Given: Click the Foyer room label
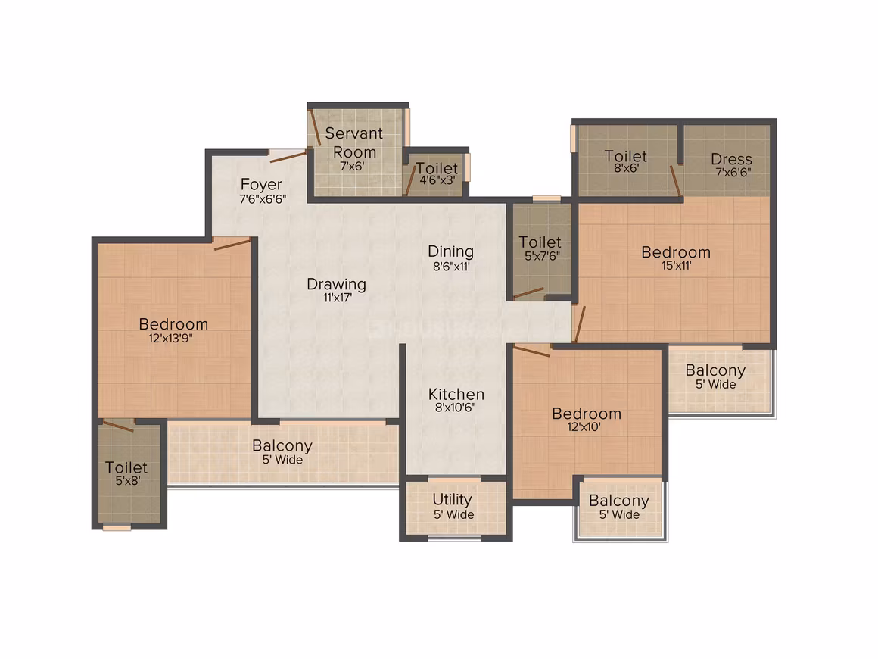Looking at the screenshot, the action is click(261, 184).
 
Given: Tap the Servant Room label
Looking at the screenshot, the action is click(354, 142).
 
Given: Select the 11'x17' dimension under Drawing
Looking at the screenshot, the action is click(337, 298).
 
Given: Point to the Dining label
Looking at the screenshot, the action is click(451, 251).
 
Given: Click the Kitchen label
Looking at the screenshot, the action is click(456, 394).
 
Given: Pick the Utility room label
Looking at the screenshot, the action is click(453, 499).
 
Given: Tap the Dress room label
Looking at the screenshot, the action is click(731, 159).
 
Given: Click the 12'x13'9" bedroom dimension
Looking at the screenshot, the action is click(171, 339).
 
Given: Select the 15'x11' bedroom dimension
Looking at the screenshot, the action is click(677, 266).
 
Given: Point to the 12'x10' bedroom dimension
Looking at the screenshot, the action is click(584, 427).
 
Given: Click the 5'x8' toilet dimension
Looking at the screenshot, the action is click(128, 481).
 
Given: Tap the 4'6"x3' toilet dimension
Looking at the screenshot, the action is click(438, 180).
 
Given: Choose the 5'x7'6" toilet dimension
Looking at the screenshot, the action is click(542, 256).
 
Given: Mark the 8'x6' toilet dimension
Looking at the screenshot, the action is click(627, 168).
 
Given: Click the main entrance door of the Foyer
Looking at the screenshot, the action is click(289, 156).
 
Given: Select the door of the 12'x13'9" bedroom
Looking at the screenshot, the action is click(232, 245).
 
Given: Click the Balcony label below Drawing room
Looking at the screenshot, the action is click(282, 445).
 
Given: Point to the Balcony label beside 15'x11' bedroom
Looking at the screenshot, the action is click(715, 370).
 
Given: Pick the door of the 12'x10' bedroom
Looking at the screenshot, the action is click(532, 351).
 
